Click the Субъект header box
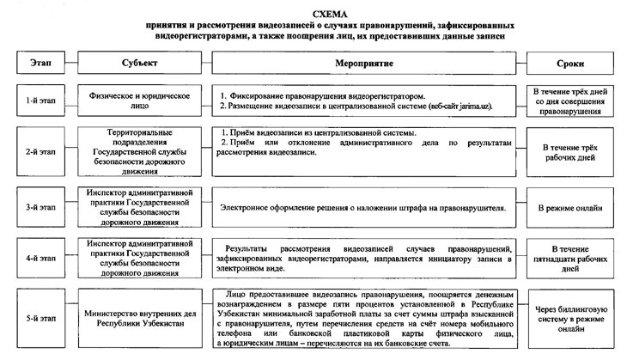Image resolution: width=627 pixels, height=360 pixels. click(x=140, y=64)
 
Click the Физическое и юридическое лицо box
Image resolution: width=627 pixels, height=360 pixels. click(x=140, y=101)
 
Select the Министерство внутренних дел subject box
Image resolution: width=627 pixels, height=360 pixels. click(x=140, y=318)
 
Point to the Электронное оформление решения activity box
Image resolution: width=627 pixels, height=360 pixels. click(x=362, y=207)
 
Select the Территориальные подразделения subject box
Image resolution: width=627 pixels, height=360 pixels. click(x=140, y=151)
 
